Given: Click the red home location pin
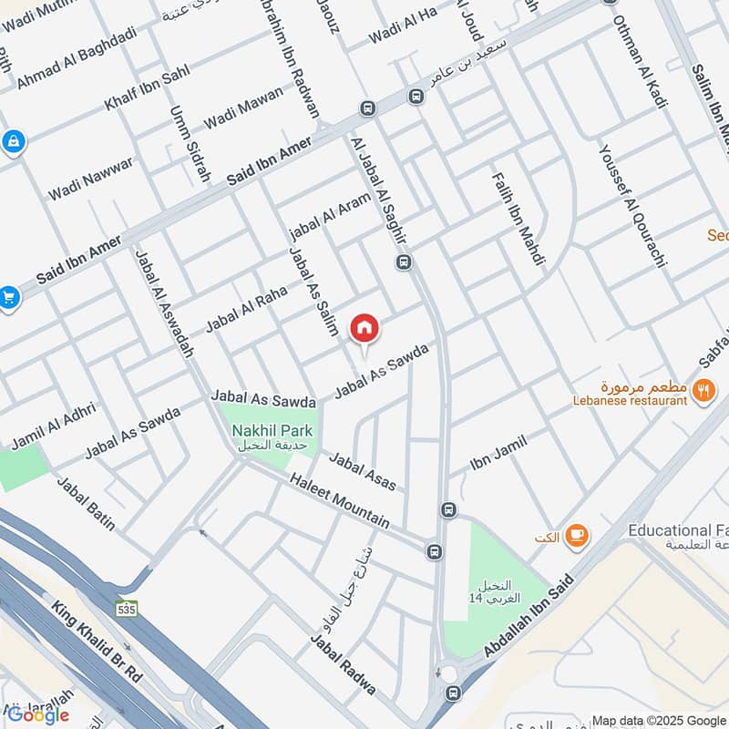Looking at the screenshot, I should (x=364, y=329).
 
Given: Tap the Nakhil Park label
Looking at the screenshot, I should (x=272, y=430).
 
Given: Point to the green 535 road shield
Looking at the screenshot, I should (x=128, y=609).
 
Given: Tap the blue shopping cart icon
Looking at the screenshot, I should (x=9, y=297).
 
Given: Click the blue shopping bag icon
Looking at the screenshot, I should (x=13, y=141).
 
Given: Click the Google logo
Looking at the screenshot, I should (x=38, y=715).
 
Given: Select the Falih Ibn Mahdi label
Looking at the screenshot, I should (x=518, y=219).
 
